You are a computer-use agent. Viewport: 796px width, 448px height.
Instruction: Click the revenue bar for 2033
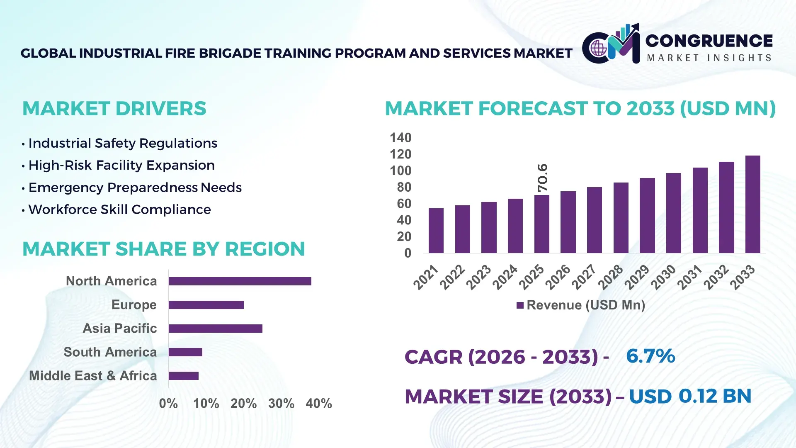pos(752,205)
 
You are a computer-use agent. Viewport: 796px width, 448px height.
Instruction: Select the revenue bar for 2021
pos(436,231)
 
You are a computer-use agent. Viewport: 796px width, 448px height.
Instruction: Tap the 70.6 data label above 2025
pos(542,178)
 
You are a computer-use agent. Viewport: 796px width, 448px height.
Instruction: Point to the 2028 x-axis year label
pos(611,277)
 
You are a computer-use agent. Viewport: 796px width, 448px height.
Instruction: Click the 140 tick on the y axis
pos(400,138)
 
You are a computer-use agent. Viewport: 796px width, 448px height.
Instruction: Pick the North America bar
pos(240,281)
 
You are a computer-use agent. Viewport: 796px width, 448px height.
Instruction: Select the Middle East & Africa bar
pos(183,376)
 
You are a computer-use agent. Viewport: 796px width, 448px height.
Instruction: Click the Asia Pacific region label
pos(120,328)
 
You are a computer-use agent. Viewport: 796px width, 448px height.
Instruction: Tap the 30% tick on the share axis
pos(281,403)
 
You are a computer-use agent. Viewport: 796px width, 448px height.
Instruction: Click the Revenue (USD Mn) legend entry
pos(581,305)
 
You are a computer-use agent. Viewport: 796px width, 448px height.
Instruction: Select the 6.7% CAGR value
pos(650,356)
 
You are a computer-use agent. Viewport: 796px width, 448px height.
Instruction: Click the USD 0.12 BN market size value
pos(690,396)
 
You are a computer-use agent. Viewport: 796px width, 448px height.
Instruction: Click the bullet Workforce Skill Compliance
pos(119,209)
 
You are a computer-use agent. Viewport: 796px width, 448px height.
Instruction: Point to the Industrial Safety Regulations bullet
pos(123,143)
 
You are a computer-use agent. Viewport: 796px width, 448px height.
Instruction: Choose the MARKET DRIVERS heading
pos(114,109)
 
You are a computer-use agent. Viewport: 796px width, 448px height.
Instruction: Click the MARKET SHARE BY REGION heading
pos(163,249)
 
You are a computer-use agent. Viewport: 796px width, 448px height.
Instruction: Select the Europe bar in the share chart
pos(206,305)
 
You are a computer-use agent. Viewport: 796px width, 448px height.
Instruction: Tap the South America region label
pos(110,352)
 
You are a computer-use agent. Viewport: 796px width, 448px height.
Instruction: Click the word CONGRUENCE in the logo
pos(709,41)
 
